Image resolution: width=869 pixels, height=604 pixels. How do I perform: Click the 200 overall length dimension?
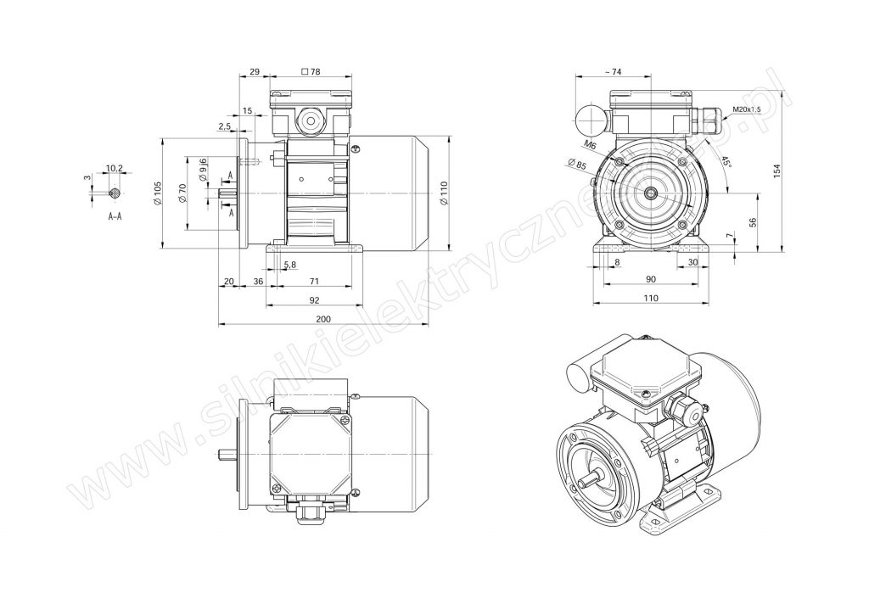tap(323, 319)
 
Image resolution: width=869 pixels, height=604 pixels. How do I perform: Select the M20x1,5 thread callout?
tap(747, 109)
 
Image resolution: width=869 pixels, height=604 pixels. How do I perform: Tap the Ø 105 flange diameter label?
tap(157, 193)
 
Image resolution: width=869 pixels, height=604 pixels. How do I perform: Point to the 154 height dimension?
tap(776, 171)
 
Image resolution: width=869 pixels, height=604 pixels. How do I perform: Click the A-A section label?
tap(115, 216)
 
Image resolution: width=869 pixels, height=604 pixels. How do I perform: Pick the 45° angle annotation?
tap(726, 162)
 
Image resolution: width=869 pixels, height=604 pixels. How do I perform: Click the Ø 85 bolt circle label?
tap(577, 164)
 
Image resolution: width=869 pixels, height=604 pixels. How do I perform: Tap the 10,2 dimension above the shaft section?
tap(114, 167)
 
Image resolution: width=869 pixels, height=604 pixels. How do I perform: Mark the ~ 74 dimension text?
tap(613, 71)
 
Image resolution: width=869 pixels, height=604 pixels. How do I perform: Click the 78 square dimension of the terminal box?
tap(311, 71)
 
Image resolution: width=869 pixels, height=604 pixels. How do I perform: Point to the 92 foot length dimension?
tap(314, 299)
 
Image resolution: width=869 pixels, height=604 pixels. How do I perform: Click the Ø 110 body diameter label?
tap(443, 194)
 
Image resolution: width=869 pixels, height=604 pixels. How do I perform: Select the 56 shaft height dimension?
tap(752, 223)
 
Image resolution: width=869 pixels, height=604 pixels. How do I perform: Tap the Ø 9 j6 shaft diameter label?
tap(204, 171)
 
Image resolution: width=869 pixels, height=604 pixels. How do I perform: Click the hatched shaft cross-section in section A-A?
tap(115, 193)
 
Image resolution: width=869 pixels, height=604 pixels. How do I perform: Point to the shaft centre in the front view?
tap(651, 193)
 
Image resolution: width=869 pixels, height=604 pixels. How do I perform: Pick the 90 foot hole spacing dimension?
tap(651, 279)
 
